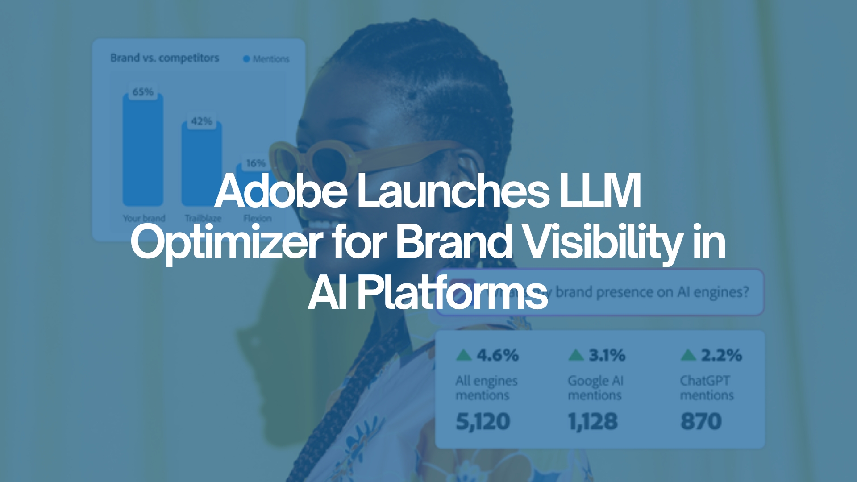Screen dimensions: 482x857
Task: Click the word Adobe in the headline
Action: pos(281,191)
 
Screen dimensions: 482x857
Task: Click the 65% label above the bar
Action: pos(143,92)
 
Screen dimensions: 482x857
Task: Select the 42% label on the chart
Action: pos(201,121)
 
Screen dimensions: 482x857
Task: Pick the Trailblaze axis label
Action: pos(203,218)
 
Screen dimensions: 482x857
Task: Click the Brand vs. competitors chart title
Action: pos(165,58)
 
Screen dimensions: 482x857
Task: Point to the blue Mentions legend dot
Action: pos(246,59)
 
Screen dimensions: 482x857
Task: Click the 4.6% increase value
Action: pos(497,355)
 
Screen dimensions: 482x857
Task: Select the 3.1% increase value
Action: pos(607,355)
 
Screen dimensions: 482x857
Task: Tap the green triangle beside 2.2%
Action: pos(688,355)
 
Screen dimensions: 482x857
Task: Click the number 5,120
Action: pos(483,421)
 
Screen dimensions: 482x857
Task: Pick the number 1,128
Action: pos(593,421)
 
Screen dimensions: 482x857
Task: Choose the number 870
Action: pos(701,421)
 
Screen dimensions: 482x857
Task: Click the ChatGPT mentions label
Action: pos(707,387)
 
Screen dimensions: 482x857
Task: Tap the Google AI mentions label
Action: pos(595,387)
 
